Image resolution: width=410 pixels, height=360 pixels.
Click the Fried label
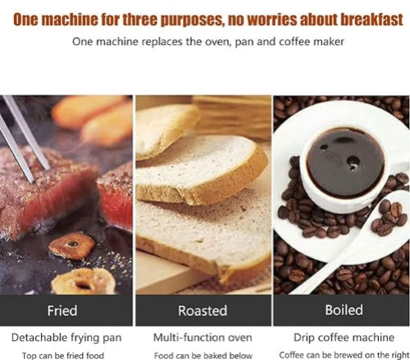click(x=62, y=311)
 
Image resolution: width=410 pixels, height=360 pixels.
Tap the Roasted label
click(x=203, y=311)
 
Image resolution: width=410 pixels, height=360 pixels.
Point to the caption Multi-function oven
click(x=203, y=337)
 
